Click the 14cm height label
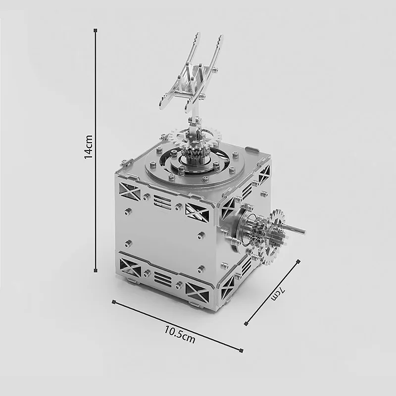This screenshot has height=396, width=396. [88, 147]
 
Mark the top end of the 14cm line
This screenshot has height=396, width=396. [96, 31]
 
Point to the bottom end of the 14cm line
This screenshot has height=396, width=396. [96, 270]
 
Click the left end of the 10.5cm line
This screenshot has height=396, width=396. [114, 301]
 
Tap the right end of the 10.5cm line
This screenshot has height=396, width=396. [242, 350]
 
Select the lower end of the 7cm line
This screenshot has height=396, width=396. [246, 325]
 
